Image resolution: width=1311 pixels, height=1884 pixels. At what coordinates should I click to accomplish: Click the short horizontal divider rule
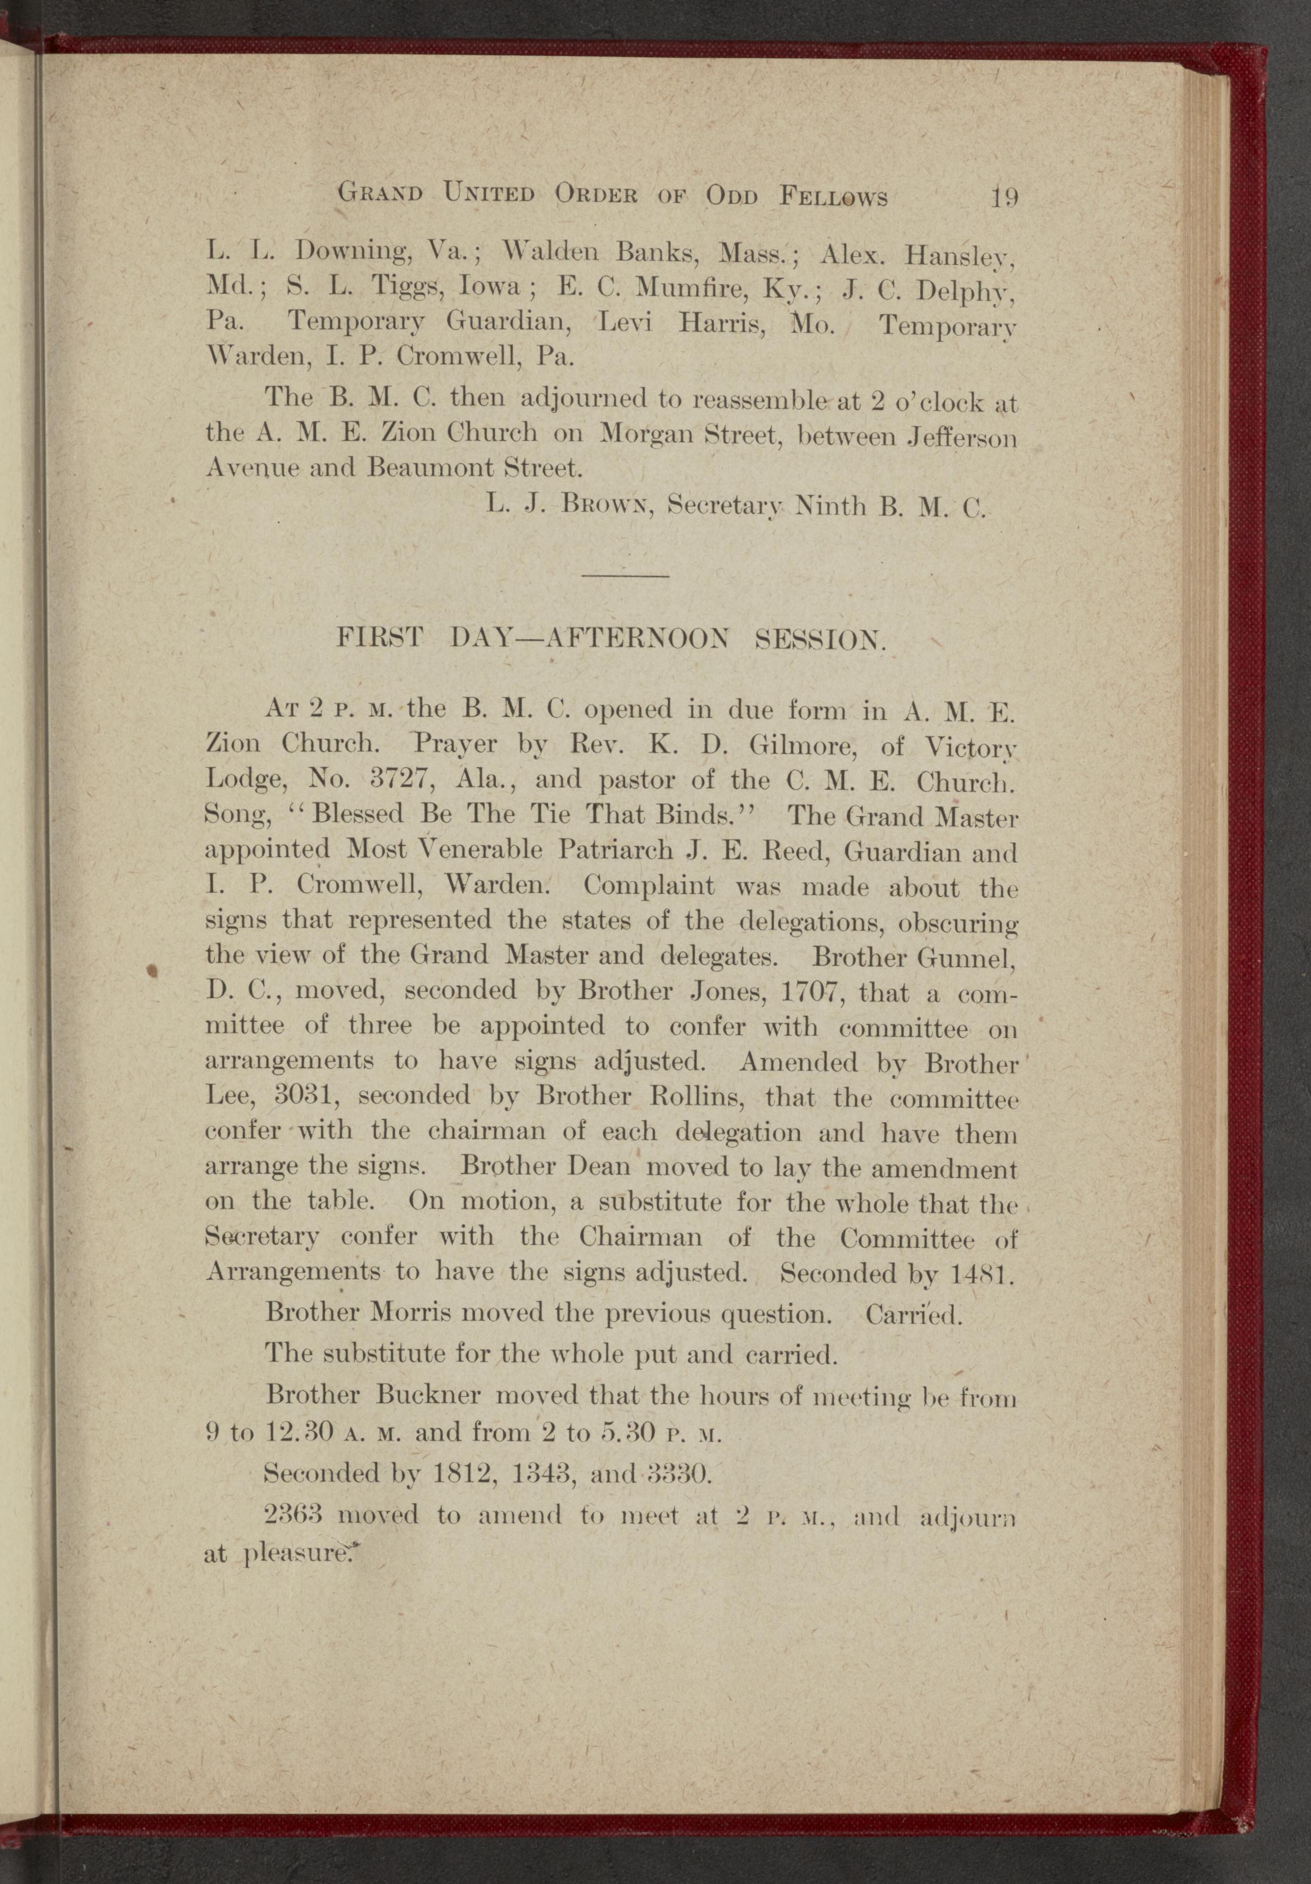coord(625,576)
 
